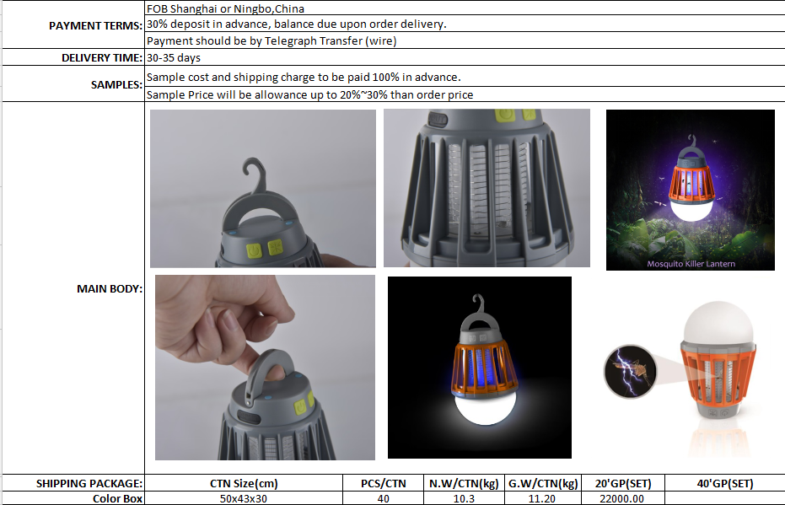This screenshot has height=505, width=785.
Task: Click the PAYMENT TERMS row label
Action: pyautogui.click(x=95, y=26)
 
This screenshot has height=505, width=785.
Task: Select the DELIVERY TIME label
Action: pyautogui.click(x=102, y=57)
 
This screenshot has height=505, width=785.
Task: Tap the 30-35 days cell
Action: pyautogui.click(x=173, y=57)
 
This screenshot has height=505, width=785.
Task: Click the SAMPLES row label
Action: pyautogui.click(x=116, y=84)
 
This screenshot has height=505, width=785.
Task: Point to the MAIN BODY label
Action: pyautogui.click(x=109, y=289)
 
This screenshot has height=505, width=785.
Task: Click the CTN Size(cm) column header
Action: pyautogui.click(x=244, y=483)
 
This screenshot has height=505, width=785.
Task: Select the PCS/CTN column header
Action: pyautogui.click(x=384, y=483)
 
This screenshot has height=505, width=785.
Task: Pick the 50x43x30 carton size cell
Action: pyautogui.click(x=244, y=498)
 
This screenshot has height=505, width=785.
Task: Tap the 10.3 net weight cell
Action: pyautogui.click(x=464, y=498)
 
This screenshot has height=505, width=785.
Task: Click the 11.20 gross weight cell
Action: pyautogui.click(x=542, y=498)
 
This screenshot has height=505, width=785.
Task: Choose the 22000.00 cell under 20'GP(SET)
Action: pyautogui.click(x=621, y=498)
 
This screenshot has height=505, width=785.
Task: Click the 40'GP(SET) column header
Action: pyautogui.click(x=725, y=483)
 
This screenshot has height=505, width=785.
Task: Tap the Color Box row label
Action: pyautogui.click(x=117, y=498)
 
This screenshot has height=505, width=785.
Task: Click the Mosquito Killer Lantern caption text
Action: pyautogui.click(x=691, y=264)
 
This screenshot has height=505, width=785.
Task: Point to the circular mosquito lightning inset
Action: pyautogui.click(x=630, y=371)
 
